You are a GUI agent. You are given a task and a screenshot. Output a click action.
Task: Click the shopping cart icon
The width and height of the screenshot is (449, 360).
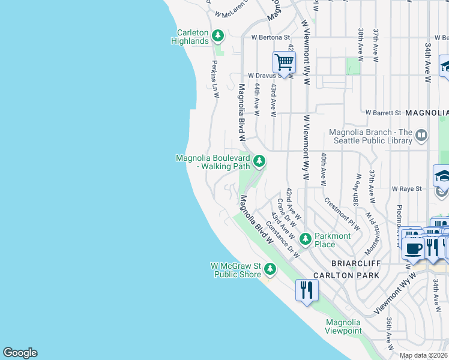click(284, 61)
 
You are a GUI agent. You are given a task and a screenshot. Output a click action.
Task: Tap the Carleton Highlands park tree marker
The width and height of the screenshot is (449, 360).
click(217, 37)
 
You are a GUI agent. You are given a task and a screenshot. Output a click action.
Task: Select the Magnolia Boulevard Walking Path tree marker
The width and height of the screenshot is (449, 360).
click(259, 161)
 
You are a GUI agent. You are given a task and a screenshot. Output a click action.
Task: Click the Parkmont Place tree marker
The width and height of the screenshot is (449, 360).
click(306, 239)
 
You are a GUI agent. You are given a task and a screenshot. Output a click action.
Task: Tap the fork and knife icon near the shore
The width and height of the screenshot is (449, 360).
click(307, 290)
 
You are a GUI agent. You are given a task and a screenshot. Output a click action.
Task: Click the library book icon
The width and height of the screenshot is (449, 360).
click(421, 136)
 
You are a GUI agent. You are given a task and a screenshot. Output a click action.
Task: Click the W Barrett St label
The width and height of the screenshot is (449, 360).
click(383, 113)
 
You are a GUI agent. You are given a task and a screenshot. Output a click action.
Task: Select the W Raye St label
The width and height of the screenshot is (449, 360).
click(407, 188)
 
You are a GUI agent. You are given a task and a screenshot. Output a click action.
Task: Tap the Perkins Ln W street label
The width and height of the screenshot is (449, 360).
click(215, 78)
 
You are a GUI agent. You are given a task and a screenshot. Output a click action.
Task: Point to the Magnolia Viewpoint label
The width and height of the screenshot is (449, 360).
click(343, 326)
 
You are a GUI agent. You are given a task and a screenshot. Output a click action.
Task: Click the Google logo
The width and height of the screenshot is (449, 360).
click(20, 353)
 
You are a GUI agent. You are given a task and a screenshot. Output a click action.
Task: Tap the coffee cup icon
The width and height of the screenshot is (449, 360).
click(413, 248)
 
